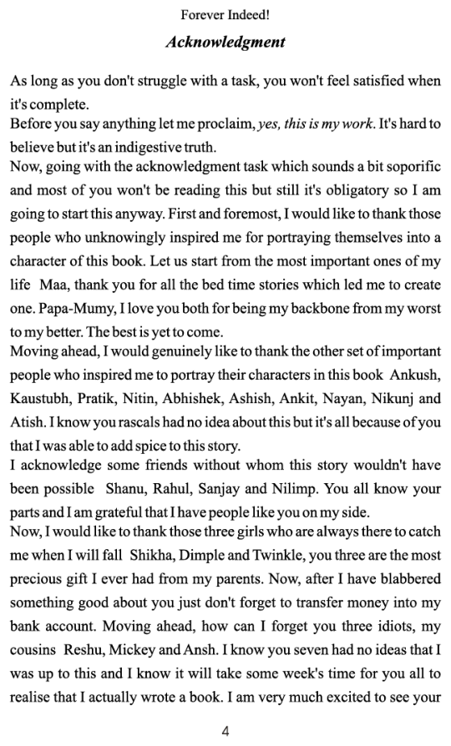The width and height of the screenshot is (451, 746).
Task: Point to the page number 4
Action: click(225, 731)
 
